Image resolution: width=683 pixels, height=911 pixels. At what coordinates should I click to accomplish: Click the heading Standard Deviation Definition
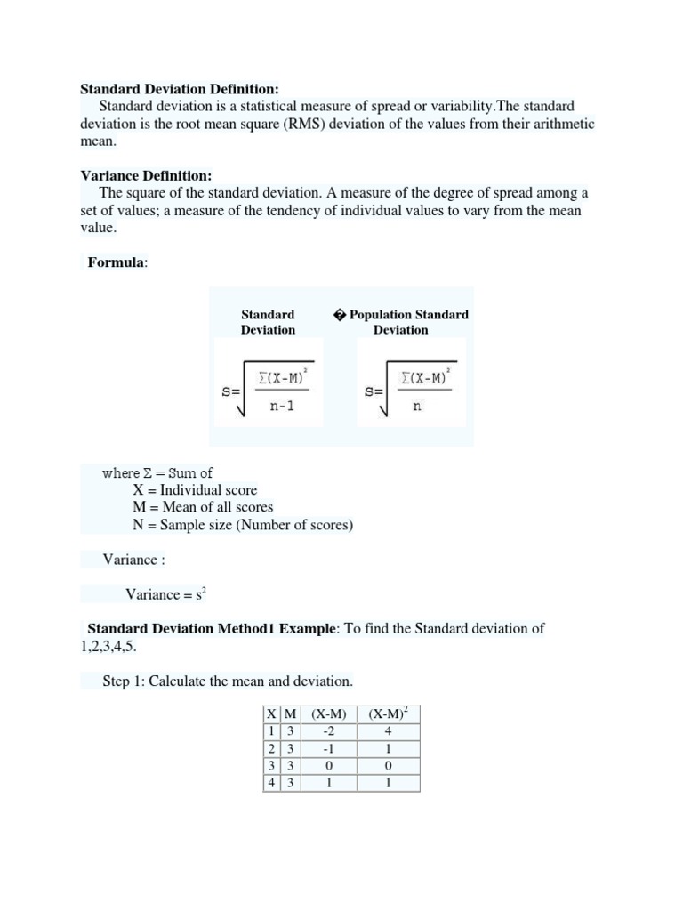[179, 89]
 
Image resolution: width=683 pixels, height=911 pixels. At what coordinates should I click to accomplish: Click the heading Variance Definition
[146, 175]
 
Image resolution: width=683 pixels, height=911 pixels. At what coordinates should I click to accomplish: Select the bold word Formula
[117, 262]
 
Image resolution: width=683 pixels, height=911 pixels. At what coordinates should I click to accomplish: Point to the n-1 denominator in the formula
[281, 407]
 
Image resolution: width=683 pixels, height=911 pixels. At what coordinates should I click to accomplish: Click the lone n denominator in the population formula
[417, 407]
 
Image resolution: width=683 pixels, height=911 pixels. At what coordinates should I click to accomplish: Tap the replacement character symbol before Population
[339, 315]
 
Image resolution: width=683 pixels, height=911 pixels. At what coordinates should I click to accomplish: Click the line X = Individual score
[194, 490]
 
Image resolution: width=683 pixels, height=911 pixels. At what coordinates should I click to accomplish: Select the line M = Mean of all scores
[202, 507]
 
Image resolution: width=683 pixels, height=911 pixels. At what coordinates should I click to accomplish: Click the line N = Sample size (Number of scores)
[242, 525]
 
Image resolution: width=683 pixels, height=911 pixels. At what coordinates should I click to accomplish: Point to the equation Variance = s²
[166, 594]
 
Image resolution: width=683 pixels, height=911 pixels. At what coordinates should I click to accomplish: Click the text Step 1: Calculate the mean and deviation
[227, 681]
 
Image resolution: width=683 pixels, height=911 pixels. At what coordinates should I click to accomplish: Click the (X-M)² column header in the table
[389, 714]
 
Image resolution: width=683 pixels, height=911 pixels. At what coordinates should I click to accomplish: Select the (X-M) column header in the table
[328, 714]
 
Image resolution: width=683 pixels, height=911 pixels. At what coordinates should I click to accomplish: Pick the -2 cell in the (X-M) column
[328, 731]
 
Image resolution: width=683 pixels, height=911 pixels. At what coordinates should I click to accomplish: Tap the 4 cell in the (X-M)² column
[388, 731]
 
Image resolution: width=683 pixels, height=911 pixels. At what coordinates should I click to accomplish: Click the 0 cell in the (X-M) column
[328, 766]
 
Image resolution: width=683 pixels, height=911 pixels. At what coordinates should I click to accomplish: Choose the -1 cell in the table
[328, 749]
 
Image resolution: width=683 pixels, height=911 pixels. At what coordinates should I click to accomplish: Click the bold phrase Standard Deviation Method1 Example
[212, 628]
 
